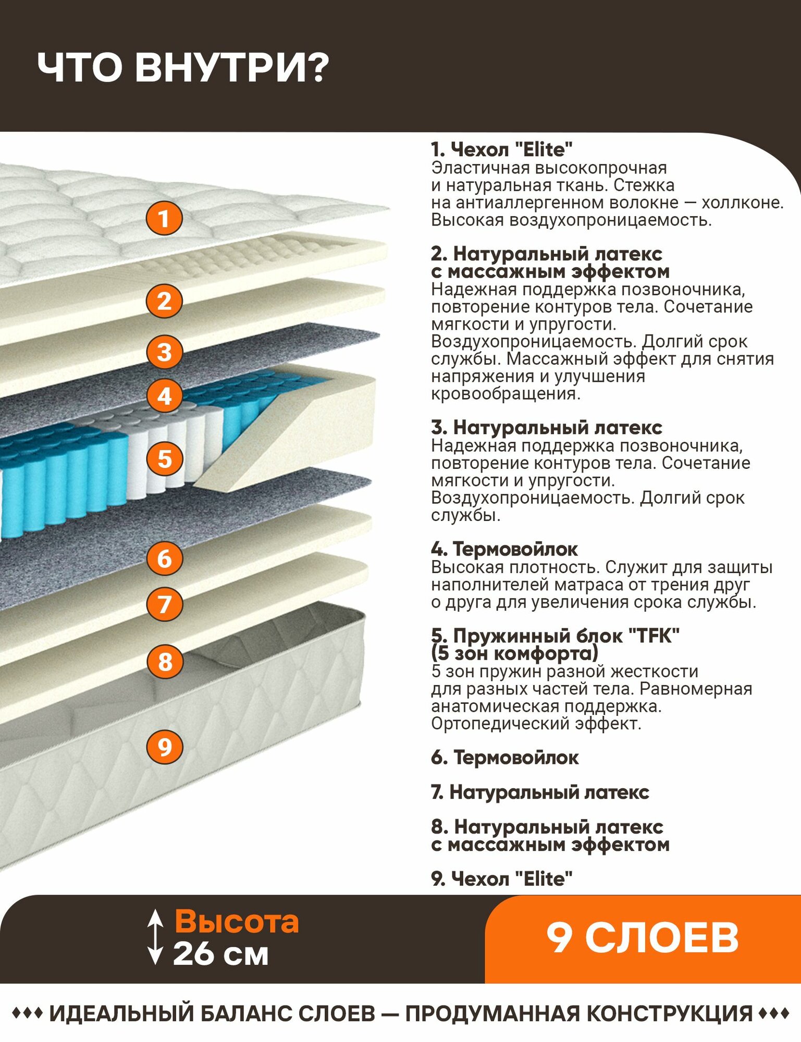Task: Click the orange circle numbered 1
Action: pyautogui.click(x=164, y=218)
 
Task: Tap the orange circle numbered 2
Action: pyautogui.click(x=164, y=301)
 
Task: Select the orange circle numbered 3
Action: pyautogui.click(x=164, y=352)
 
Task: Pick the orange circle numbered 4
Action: pyautogui.click(x=164, y=396)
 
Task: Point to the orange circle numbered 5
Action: pyautogui.click(x=165, y=459)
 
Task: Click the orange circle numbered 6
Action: pyautogui.click(x=165, y=559)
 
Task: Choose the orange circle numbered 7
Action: pyautogui.click(x=165, y=604)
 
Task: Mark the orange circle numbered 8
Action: pyautogui.click(x=165, y=662)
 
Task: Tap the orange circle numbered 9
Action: pyautogui.click(x=165, y=747)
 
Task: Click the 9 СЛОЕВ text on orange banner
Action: pyautogui.click(x=643, y=938)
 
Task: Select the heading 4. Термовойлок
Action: pyautogui.click(x=504, y=549)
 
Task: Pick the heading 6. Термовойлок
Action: pyautogui.click(x=504, y=758)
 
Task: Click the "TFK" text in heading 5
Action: pyautogui.click(x=654, y=636)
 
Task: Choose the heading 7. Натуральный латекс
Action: pyautogui.click(x=540, y=792)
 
